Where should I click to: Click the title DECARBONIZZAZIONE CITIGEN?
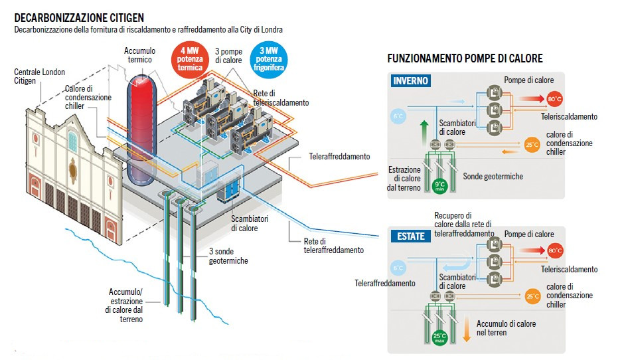click(79, 17)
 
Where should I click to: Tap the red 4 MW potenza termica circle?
click(190, 58)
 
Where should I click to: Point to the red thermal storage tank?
click(141, 129)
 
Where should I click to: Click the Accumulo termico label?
click(139, 54)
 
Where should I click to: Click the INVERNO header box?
click(411, 81)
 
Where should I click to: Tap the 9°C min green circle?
click(439, 186)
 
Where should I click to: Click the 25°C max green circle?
click(439, 337)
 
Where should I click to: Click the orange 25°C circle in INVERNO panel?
click(532, 143)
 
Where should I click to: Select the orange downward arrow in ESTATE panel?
click(467, 325)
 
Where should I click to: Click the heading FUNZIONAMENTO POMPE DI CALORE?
click(465, 59)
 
